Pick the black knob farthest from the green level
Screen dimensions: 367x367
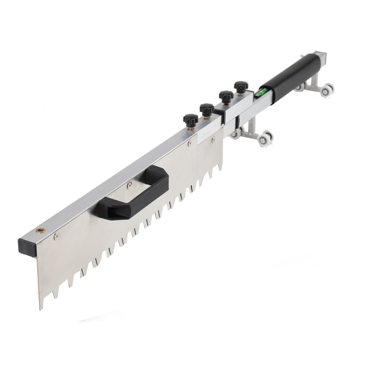(x=190, y=120)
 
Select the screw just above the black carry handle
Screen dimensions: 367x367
(x=129, y=186)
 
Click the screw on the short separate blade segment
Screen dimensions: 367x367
(x=213, y=140)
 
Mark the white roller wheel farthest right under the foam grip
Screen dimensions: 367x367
(x=327, y=90)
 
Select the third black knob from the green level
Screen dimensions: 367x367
(x=207, y=109)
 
